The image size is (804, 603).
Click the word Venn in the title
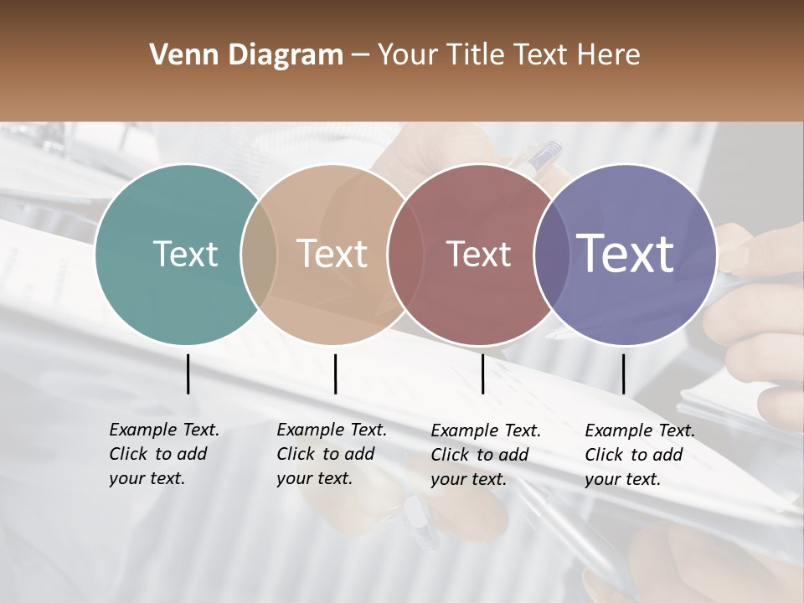point(183,55)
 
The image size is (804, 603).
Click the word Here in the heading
point(609,55)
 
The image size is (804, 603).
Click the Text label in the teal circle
point(185,254)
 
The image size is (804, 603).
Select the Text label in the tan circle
point(332,254)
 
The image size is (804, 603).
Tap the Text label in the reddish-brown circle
point(478,254)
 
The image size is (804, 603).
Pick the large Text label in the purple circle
point(626,253)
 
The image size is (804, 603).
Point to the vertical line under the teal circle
point(188,374)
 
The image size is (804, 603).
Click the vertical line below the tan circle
point(335,374)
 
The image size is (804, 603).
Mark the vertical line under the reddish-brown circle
point(482,374)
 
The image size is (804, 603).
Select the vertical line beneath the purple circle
point(623,374)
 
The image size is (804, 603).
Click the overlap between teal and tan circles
point(259,254)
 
